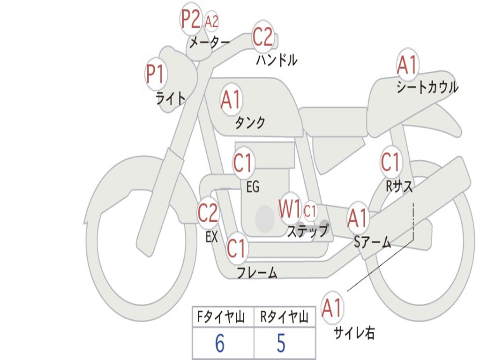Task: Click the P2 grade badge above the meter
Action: (x=191, y=20)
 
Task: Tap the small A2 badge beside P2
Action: (x=212, y=22)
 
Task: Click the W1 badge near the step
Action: (x=290, y=210)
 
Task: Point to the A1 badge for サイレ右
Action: (x=333, y=308)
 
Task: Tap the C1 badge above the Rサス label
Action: (x=390, y=163)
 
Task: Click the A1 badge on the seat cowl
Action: (x=407, y=66)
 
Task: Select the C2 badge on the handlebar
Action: (x=263, y=37)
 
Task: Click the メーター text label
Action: (x=210, y=43)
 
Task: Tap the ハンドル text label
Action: (x=277, y=60)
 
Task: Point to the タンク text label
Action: (x=250, y=123)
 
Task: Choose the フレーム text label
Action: (x=257, y=273)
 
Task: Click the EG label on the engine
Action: (x=253, y=187)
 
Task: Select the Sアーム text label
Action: (x=373, y=242)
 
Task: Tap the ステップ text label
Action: (x=307, y=231)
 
